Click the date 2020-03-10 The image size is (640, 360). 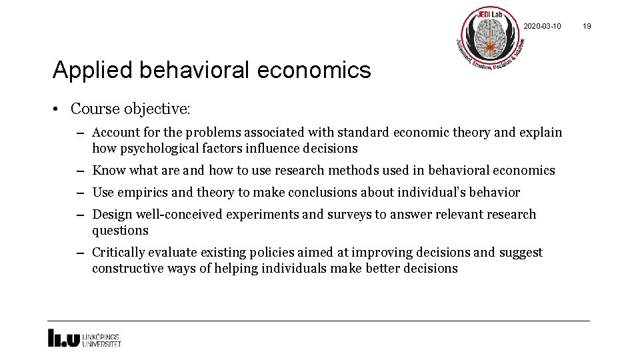click(x=542, y=26)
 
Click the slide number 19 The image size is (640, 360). click(x=587, y=26)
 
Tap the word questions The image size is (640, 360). click(x=120, y=230)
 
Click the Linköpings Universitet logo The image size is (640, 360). click(x=84, y=338)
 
